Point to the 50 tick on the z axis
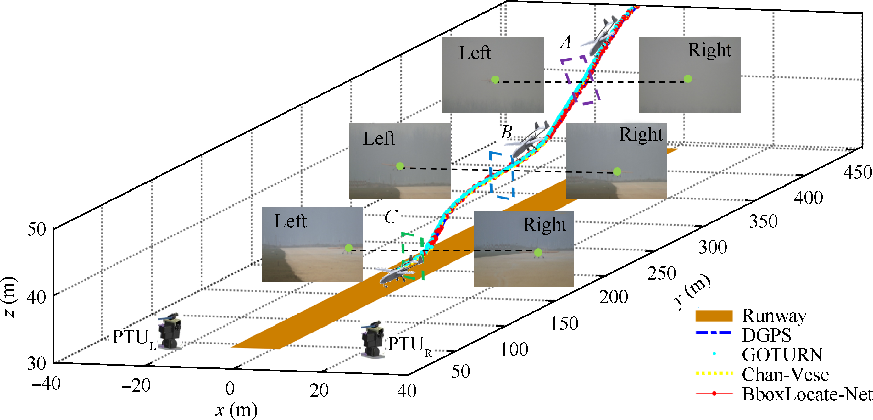point(36,229)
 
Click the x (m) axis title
point(236,410)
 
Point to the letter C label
point(391,217)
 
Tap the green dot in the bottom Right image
point(538,253)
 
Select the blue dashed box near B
point(502,175)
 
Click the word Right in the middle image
point(641,134)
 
